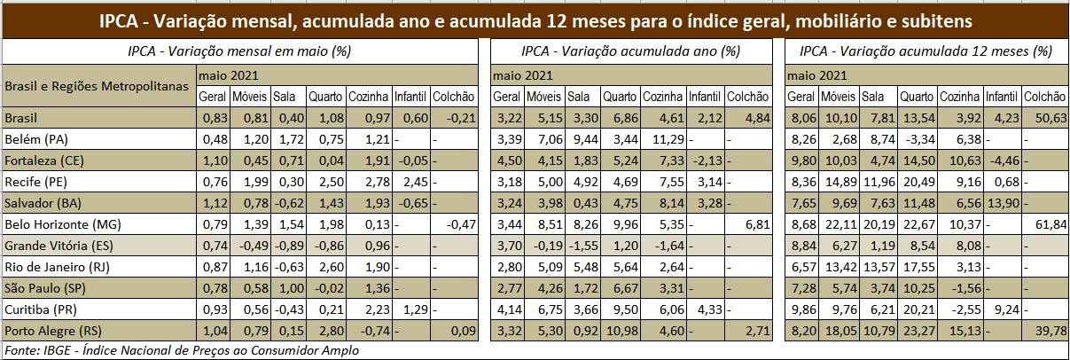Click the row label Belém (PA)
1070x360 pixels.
point(36,138)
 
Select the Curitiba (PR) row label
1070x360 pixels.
point(40,309)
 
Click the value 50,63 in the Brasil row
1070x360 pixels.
point(1046,117)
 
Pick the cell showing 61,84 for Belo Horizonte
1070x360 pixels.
point(1046,224)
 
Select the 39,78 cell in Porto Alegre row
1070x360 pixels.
point(1046,331)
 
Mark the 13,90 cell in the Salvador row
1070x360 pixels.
point(1002,203)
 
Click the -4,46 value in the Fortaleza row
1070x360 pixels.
point(1002,160)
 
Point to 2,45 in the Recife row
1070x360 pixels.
point(410,181)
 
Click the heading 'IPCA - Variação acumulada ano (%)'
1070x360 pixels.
point(630,52)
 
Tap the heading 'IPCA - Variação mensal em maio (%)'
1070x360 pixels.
point(239,52)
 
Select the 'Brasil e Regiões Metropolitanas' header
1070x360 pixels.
point(98,86)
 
